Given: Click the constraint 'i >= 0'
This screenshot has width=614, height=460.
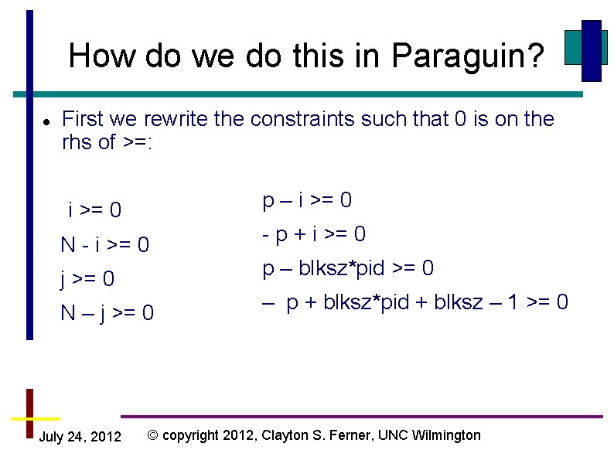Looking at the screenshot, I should pos(94,210).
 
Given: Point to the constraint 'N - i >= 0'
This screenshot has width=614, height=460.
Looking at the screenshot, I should pos(105,245).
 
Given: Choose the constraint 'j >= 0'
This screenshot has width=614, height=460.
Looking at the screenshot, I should pos(88,278).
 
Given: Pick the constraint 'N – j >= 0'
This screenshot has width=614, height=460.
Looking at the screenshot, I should pos(107,313).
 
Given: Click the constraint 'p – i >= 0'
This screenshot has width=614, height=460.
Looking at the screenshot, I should pos(307,200).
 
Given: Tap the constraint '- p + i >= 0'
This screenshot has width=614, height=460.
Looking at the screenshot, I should pos(314,233).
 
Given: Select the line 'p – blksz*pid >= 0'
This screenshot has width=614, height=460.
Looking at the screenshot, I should pos(348,268).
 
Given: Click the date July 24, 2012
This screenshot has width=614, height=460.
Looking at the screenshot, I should pos(80,437).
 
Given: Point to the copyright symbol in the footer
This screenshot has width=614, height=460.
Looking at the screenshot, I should pos(152,435).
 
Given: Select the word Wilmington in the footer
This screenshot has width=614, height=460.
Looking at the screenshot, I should pos(443,435).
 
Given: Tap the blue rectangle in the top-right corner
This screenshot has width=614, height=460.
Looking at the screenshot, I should pos(592,50).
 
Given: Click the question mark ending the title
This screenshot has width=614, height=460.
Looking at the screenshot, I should pos(535,56).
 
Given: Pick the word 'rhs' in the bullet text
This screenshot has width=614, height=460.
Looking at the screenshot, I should pos(77,142).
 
